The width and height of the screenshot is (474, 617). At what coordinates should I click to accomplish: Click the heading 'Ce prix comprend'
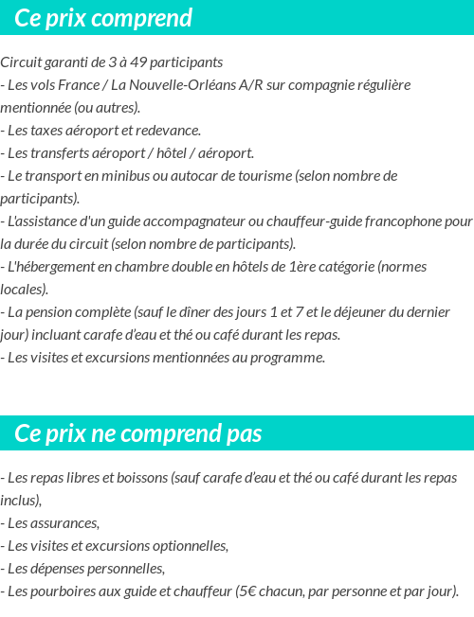point(103,18)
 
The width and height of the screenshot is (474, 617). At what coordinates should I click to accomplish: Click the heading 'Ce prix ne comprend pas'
point(137,433)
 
